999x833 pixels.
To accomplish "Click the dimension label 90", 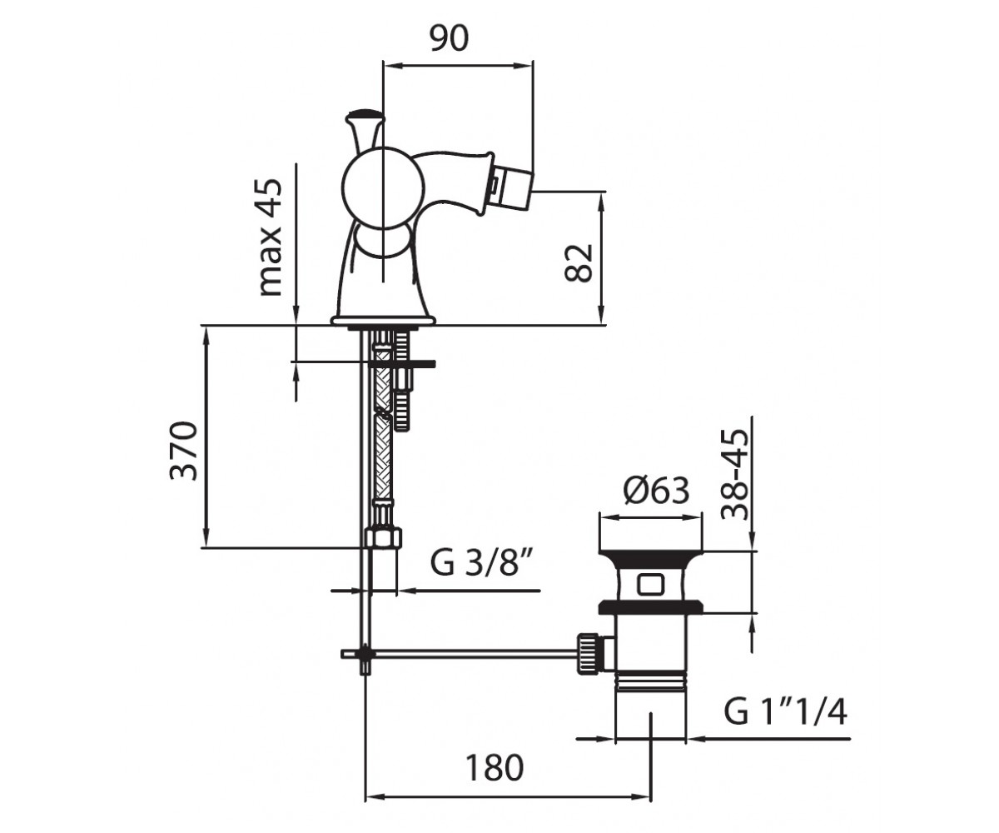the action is [x=449, y=38].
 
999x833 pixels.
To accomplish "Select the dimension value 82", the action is [x=579, y=262].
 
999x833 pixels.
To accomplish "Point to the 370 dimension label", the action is [x=183, y=451].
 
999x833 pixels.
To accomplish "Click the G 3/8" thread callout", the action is [x=481, y=563].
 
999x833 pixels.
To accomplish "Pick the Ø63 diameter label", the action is [x=657, y=491].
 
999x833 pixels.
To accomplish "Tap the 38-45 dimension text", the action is [x=734, y=475].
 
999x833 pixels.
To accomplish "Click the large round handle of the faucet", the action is [x=383, y=187].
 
